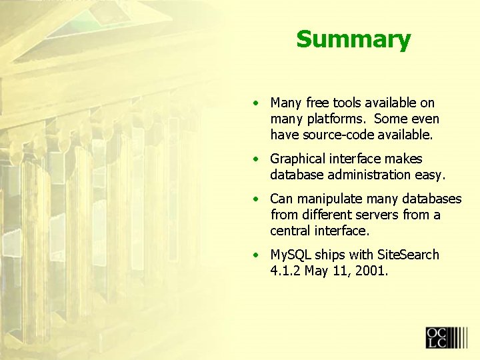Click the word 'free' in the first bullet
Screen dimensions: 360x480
tap(318, 103)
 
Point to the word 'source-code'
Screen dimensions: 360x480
tap(332, 135)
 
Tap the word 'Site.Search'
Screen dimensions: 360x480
tap(408, 255)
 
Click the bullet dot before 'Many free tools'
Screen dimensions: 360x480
tap(256, 103)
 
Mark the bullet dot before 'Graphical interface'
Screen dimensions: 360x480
tap(256, 159)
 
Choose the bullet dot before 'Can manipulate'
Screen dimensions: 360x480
tap(256, 199)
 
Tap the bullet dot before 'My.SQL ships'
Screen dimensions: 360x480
tap(256, 255)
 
